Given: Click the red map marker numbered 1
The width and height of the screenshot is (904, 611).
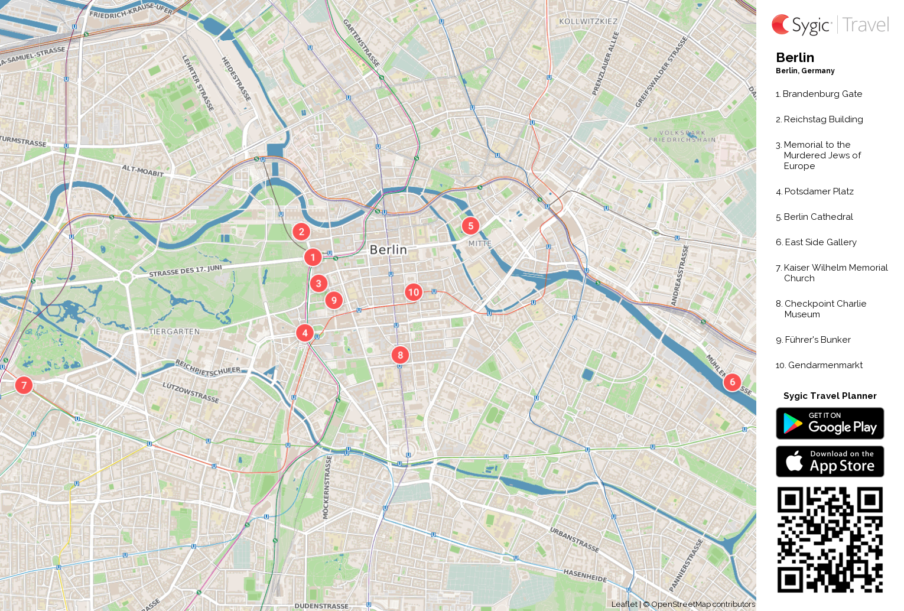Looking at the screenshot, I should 313,257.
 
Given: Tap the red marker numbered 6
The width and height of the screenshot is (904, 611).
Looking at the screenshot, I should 732,382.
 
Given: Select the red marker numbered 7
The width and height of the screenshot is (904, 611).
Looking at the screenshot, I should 24,385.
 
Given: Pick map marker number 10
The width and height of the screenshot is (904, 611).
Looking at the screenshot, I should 413,292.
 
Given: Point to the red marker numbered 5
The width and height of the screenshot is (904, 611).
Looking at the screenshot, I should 470,225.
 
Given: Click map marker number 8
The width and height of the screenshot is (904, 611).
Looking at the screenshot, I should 400,355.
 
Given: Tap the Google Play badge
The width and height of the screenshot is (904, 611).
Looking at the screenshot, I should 830,424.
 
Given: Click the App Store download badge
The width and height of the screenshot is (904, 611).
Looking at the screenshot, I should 830,461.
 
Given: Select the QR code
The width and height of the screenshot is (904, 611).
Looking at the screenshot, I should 830,539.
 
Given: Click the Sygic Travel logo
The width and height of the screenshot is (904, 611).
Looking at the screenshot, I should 830,25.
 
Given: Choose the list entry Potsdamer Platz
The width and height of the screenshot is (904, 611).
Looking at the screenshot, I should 818,191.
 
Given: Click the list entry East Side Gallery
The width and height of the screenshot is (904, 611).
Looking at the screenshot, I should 820,242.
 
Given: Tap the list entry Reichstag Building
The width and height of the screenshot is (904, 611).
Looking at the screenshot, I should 823,119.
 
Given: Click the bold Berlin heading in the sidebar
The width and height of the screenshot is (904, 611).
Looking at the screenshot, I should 795,57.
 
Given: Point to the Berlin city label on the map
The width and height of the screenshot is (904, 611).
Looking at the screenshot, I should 388,249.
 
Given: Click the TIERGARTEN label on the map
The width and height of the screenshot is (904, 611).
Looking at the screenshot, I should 174,331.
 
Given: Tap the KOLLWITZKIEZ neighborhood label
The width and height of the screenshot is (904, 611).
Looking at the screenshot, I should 588,21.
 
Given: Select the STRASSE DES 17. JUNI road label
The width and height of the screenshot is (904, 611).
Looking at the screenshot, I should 186,271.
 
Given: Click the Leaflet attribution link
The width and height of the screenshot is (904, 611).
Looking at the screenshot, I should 624,604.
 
